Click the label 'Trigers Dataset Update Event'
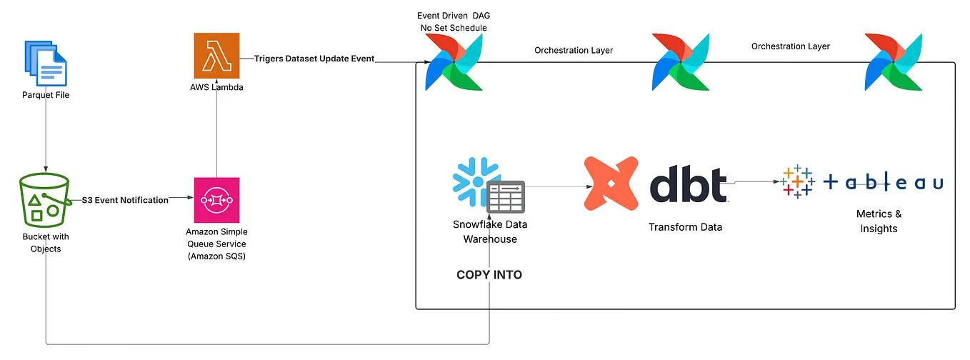pyautogui.click(x=314, y=59)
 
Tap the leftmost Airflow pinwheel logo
pyautogui.click(x=451, y=63)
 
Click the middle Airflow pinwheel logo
pyautogui.click(x=679, y=63)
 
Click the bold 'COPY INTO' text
pyautogui.click(x=489, y=275)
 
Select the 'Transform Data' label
pyautogui.click(x=685, y=227)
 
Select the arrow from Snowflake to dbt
pyautogui.click(x=554, y=186)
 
